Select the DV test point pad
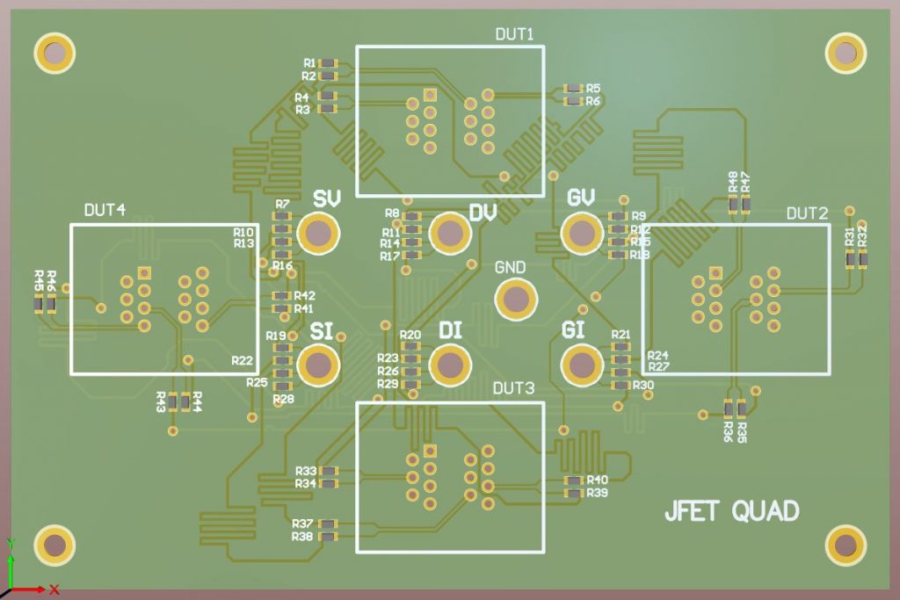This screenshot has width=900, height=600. coord(450,234)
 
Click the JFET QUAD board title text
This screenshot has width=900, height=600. coord(732,511)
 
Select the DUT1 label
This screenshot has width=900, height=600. coord(515,34)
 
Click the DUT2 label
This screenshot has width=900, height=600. coord(807,213)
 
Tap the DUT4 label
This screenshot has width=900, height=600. coord(105,211)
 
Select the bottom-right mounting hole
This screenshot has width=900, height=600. coord(846,545)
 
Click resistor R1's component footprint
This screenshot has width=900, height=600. coord(329,63)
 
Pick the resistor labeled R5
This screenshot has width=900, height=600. coord(574,89)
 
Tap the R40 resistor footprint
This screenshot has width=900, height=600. coord(574,481)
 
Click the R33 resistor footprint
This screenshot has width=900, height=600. coord(329,471)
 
